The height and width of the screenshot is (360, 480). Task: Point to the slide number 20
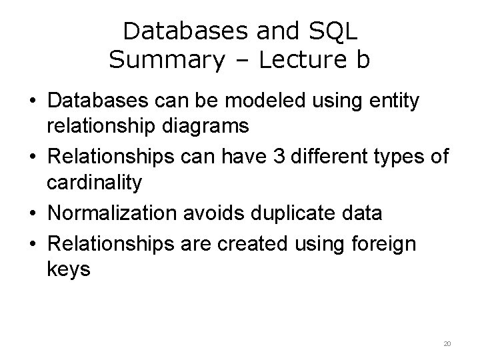point(447,343)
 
